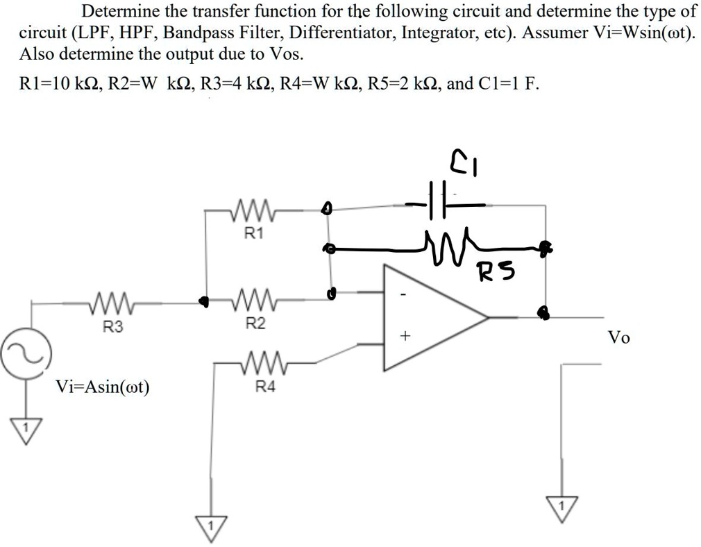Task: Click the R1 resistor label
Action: click(254, 234)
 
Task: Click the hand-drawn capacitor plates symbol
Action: click(439, 203)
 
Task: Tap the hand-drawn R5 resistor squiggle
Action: click(449, 243)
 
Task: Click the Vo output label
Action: click(618, 338)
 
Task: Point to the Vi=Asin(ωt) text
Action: click(103, 387)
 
